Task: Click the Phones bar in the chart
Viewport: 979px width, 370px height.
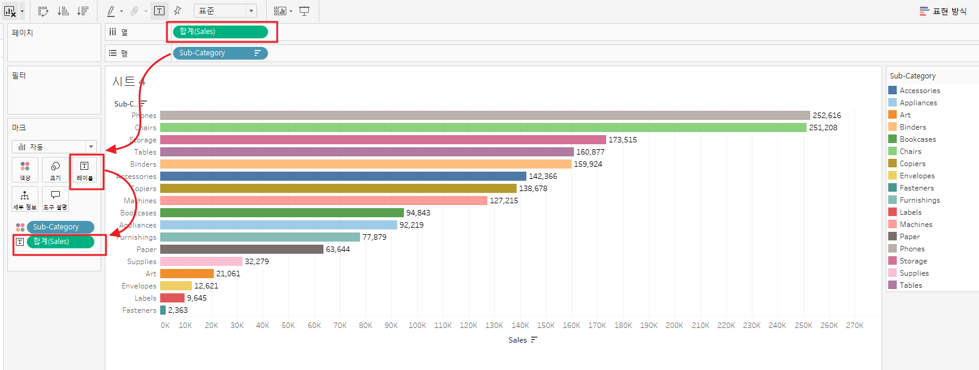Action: [x=485, y=115]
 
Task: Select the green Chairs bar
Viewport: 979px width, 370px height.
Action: [x=483, y=127]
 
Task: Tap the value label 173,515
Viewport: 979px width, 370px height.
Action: [x=623, y=140]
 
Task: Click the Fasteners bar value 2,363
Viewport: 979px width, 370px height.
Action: [x=178, y=310]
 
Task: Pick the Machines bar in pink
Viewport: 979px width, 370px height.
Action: [x=323, y=200]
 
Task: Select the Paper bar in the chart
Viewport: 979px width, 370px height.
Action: [x=242, y=249]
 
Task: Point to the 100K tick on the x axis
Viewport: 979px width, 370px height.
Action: [x=417, y=326]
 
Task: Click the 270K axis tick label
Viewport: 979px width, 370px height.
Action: [x=855, y=326]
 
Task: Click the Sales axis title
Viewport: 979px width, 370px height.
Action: [x=518, y=340]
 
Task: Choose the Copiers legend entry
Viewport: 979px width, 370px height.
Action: [x=912, y=164]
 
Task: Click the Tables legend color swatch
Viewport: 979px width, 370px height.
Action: [x=892, y=285]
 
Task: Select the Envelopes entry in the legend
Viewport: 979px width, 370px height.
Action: [x=917, y=176]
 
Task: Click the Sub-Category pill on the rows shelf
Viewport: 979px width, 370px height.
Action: [x=220, y=53]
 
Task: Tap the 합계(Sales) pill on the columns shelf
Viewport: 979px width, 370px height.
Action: [x=220, y=32]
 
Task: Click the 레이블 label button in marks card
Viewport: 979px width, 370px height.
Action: [x=85, y=170]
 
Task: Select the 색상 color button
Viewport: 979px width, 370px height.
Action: [x=25, y=170]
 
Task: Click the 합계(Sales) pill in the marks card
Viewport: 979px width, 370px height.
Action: [x=60, y=242]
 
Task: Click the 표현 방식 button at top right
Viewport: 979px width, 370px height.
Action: [x=943, y=11]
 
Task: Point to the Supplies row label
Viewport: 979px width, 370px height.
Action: [x=141, y=262]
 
